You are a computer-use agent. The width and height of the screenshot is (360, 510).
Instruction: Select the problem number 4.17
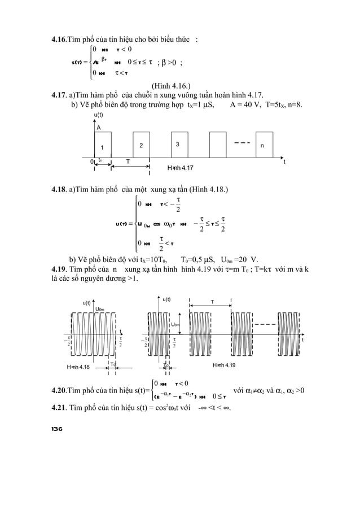tap(59, 95)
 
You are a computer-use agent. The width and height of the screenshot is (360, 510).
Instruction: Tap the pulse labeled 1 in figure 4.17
tap(103, 145)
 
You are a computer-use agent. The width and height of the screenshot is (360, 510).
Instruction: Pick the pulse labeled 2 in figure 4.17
tap(141, 145)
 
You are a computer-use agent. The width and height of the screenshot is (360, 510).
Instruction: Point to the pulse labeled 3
tap(178, 145)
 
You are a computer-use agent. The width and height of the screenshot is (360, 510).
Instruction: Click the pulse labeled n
tap(261, 145)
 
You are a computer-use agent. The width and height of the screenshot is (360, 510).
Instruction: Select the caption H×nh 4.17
tap(180, 168)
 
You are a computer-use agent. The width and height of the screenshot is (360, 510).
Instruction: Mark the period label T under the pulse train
tap(128, 161)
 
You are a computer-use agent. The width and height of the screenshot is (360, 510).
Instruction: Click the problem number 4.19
tap(59, 268)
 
